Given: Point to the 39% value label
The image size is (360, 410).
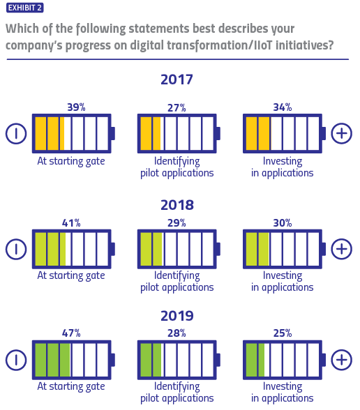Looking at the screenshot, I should click(x=75, y=107).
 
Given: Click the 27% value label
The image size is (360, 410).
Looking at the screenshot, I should click(x=177, y=107).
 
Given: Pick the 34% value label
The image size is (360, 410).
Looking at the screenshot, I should click(x=283, y=107).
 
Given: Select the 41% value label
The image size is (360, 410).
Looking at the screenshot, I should click(x=72, y=223).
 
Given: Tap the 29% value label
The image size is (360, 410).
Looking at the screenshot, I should click(x=177, y=223).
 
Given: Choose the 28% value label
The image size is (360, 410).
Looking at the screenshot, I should click(x=177, y=334).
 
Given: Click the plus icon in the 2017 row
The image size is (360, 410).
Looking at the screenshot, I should click(x=341, y=133).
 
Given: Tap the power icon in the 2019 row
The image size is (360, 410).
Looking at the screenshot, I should click(x=15, y=360).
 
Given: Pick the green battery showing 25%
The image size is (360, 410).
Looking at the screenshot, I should click(x=283, y=360).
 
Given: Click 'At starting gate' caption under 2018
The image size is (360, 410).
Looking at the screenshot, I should click(x=71, y=275).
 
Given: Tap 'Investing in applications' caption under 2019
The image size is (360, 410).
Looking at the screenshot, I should click(x=287, y=392).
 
